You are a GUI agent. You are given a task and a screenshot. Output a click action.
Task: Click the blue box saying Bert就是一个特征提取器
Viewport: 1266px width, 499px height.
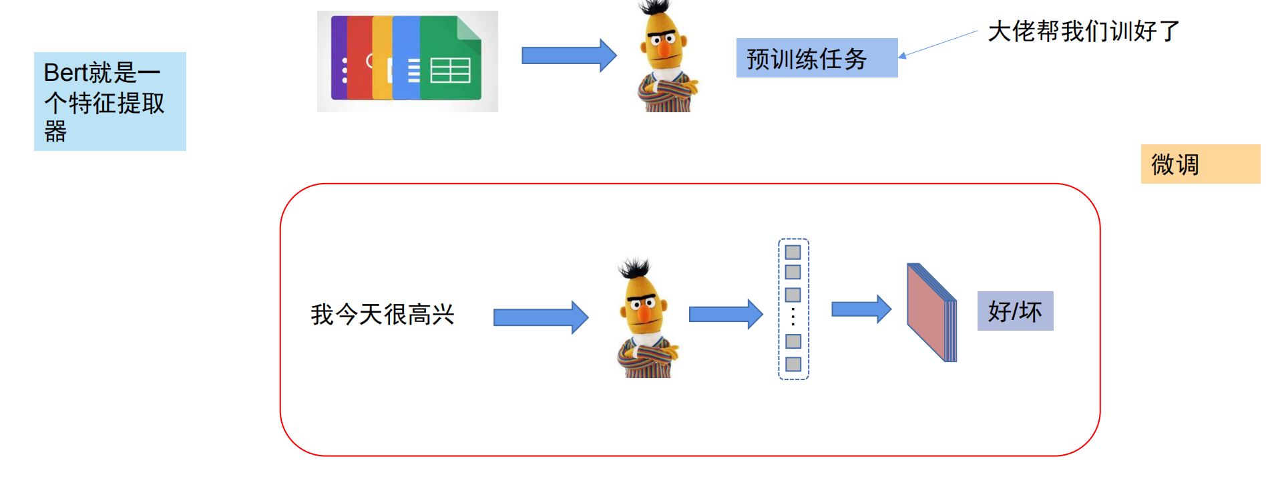(110, 102)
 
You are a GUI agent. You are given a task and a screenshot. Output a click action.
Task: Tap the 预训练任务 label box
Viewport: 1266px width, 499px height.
(816, 58)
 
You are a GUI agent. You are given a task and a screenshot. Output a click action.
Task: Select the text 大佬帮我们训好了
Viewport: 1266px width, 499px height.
(1083, 31)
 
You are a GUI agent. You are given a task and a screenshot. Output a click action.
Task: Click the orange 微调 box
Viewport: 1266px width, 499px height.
(1200, 164)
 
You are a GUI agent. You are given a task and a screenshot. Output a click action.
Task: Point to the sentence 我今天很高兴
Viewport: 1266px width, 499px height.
(382, 314)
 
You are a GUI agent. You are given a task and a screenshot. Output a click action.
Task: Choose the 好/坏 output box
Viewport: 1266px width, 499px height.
(1015, 311)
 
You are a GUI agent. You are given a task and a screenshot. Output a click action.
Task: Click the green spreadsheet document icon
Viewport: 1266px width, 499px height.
(451, 60)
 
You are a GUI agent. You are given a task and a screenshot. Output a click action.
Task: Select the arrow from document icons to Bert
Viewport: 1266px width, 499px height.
(568, 55)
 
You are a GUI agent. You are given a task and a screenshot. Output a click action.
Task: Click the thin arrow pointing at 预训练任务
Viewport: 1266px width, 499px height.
(938, 44)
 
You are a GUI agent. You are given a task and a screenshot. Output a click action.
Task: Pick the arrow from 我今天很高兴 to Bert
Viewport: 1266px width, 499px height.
(540, 317)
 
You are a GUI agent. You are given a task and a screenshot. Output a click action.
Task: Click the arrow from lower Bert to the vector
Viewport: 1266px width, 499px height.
(725, 314)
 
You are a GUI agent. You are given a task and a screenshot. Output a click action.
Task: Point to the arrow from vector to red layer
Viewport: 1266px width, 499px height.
(861, 309)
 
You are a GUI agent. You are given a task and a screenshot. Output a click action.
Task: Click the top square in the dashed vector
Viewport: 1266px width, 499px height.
(793, 253)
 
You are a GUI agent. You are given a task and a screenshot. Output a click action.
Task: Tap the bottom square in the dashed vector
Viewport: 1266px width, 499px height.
(793, 364)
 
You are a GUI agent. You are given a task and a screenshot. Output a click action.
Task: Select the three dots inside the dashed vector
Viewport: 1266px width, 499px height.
(793, 317)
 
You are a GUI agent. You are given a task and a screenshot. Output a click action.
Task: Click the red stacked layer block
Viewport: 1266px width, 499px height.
(930, 313)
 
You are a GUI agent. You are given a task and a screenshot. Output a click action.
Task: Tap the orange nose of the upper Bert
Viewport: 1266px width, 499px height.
(664, 49)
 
